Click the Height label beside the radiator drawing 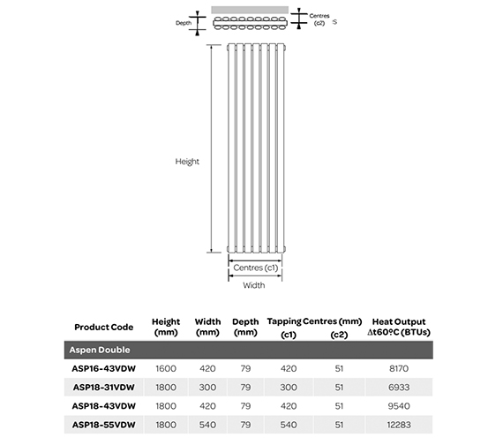[x=187, y=162]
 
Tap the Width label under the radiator [x=254, y=285]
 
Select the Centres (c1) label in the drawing [x=254, y=268]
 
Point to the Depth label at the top [x=183, y=23]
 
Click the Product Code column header [x=103, y=327]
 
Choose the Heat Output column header [x=399, y=328]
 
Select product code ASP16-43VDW [x=103, y=368]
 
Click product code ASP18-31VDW [x=103, y=387]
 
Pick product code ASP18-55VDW [x=103, y=424]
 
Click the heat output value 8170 [x=399, y=368]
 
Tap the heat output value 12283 [x=399, y=424]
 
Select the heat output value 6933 [x=399, y=387]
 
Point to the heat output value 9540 [x=399, y=405]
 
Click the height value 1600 [x=166, y=368]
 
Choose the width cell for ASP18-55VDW [x=206, y=424]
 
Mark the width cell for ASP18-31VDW [x=206, y=387]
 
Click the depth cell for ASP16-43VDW [x=244, y=368]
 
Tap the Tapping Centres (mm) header [x=303, y=321]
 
